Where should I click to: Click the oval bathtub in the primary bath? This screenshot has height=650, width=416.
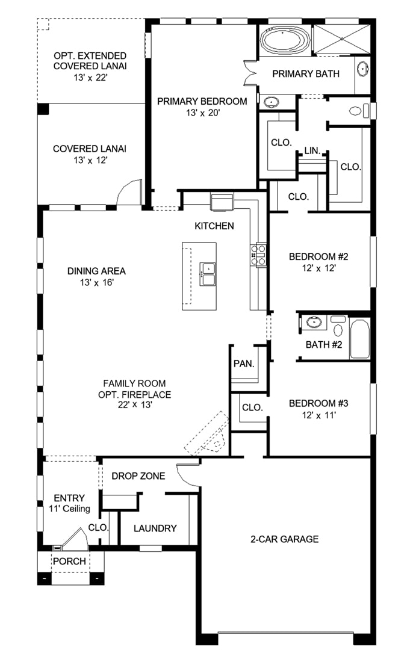tap(285, 40)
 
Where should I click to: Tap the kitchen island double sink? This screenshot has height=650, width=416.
tap(207, 274)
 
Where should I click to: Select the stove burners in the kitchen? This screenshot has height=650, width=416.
tap(258, 255)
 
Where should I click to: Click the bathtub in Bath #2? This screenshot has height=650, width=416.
tap(359, 339)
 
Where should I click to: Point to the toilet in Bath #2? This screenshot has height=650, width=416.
tap(338, 326)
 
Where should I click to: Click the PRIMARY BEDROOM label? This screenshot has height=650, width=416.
tap(202, 102)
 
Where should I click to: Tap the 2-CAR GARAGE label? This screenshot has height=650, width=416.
tap(285, 539)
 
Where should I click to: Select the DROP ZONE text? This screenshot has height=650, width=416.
tap(138, 476)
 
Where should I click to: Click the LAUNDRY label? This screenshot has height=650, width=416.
tap(155, 528)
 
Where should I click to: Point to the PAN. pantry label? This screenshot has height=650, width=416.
tap(244, 364)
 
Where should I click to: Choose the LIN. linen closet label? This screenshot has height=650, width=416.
tap(312, 150)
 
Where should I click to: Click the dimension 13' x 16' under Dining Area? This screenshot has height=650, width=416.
tap(97, 283)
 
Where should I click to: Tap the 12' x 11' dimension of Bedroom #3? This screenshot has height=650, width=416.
tap(318, 415)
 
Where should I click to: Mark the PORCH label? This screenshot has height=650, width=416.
tap(70, 562)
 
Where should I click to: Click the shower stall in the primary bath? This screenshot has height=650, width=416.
tap(341, 39)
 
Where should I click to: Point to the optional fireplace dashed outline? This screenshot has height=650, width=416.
tap(206, 433)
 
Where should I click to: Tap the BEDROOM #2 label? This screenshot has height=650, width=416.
tap(318, 256)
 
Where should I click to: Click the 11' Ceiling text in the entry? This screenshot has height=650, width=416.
tap(69, 509)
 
